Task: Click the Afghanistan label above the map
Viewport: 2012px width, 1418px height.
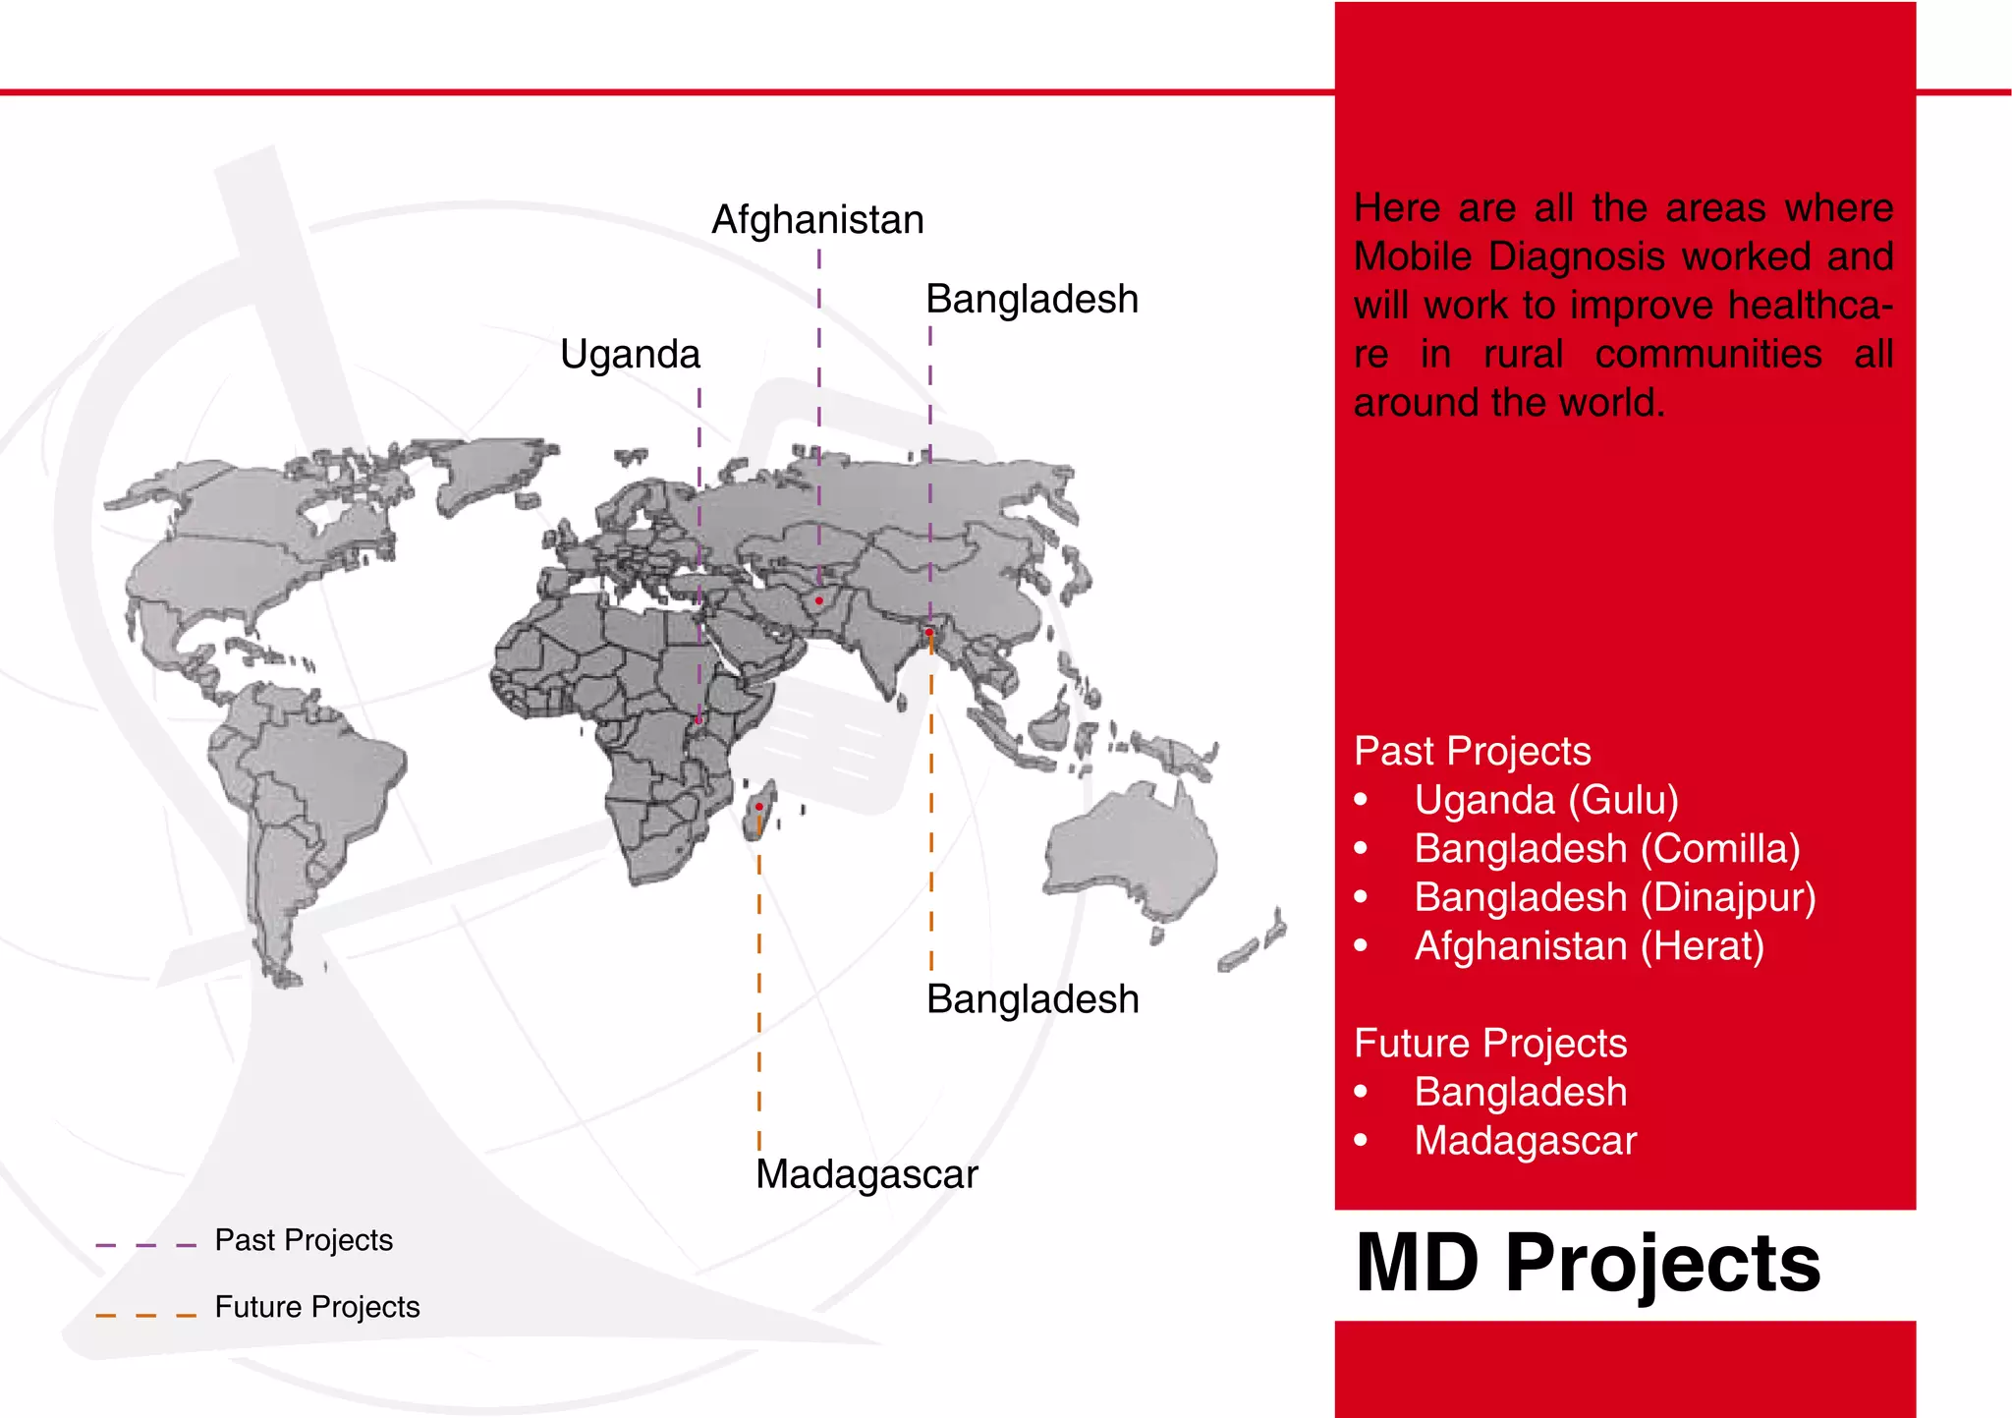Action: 817,220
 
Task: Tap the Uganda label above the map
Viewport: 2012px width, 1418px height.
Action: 630,355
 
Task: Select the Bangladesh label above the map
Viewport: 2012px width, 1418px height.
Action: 1032,300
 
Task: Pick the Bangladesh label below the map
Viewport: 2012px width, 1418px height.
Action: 1033,999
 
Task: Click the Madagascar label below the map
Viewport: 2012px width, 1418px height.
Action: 866,1174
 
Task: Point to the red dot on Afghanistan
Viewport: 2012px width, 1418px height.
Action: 818,600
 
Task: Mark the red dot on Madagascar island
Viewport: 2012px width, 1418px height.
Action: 759,807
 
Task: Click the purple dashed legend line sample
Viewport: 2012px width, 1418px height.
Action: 145,1245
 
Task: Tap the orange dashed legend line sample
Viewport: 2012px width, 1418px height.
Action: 145,1314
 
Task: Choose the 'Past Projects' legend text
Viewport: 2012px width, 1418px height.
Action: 304,1240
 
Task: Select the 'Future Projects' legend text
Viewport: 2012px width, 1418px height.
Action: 316,1307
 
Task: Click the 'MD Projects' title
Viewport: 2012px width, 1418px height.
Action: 1588,1264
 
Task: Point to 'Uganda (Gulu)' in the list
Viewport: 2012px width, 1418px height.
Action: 1546,800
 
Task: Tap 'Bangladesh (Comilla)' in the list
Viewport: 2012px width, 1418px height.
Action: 1607,849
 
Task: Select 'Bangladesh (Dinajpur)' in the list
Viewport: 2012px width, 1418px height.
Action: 1615,897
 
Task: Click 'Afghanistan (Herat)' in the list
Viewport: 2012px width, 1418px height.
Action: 1589,946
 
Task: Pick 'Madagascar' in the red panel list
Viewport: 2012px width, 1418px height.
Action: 1525,1141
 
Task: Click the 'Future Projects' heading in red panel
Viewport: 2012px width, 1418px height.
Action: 1490,1044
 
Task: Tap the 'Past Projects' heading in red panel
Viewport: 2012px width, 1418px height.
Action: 1472,752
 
